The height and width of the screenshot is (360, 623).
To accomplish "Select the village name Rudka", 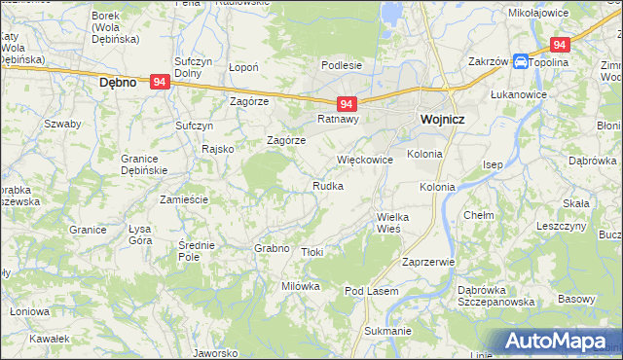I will (327, 185).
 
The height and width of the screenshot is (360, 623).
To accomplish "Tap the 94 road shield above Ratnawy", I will (348, 103).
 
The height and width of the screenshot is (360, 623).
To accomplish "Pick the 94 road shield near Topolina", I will (559, 45).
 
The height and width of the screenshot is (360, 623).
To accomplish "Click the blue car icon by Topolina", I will (521, 61).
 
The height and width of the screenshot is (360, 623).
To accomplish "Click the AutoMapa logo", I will (556, 341).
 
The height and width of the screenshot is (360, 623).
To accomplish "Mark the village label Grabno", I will (272, 248).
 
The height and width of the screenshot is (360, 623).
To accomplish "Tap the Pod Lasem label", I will (367, 291).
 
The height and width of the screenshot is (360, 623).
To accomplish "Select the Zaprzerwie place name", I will (428, 262).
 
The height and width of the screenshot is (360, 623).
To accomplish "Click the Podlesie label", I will (343, 65).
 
